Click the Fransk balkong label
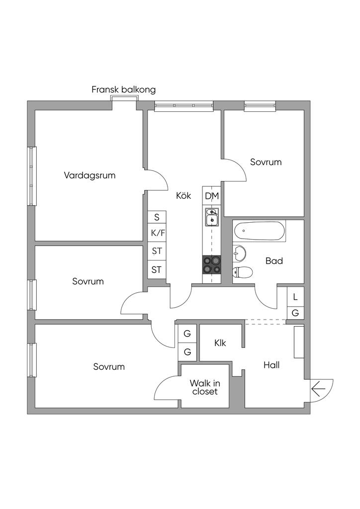click(123, 90)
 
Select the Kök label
click(183, 196)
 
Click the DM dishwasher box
click(212, 196)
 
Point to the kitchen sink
click(212, 217)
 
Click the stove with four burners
click(212, 264)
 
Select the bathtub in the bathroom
click(260, 232)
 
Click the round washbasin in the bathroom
click(239, 254)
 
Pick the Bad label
click(274, 260)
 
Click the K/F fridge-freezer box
click(157, 233)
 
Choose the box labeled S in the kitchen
click(157, 217)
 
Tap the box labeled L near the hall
click(295, 297)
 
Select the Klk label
click(220, 343)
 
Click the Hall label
click(271, 365)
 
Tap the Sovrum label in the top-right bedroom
click(266, 162)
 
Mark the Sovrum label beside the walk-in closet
click(109, 367)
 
